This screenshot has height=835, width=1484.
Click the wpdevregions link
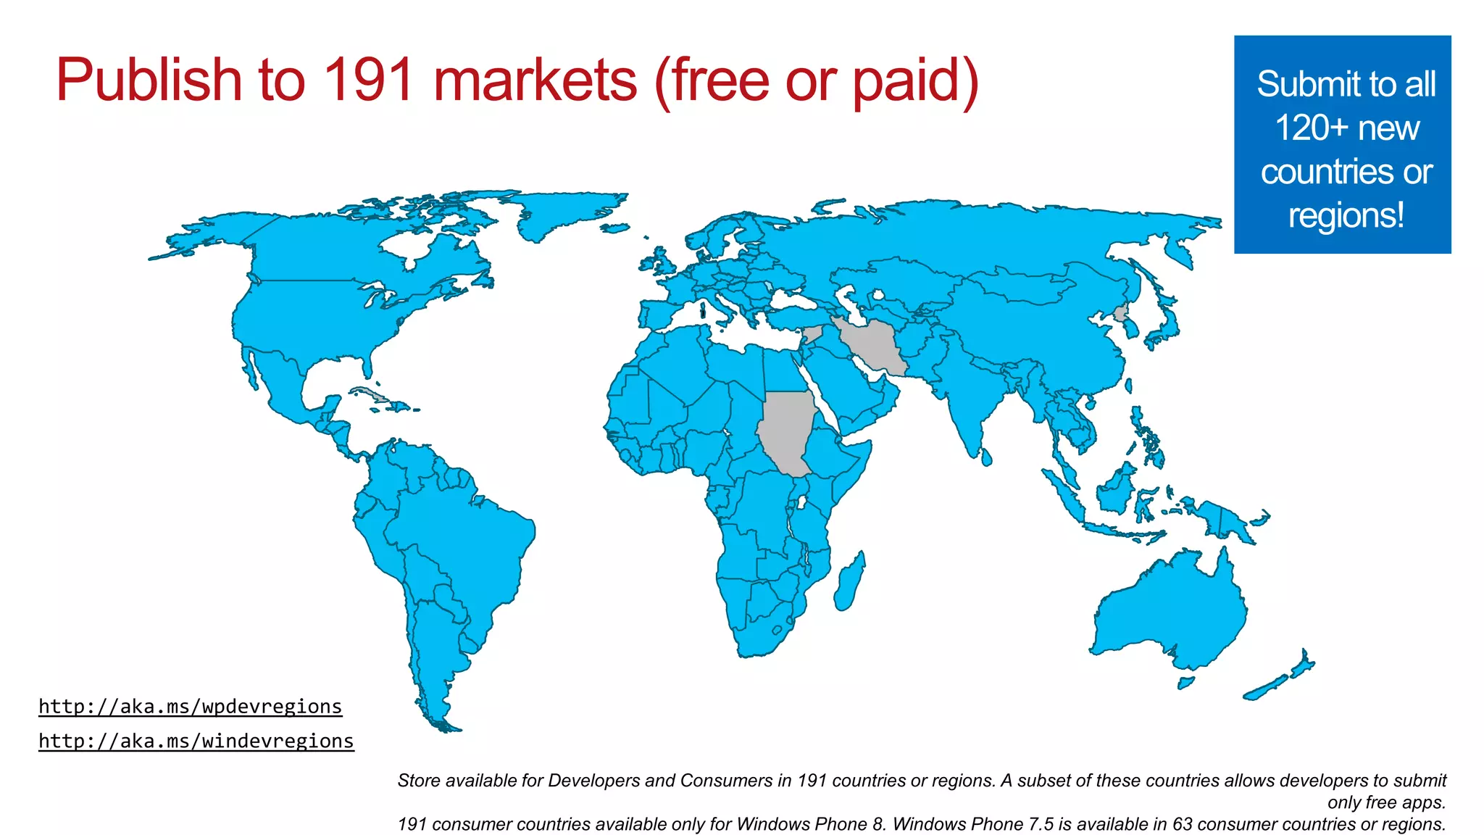pos(190,706)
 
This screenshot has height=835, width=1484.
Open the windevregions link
pos(196,741)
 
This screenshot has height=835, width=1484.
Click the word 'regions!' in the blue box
pos(1346,215)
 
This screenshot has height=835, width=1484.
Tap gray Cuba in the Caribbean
pos(374,395)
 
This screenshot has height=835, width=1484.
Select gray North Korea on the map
pos(1121,314)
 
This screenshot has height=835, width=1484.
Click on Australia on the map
pos(1174,609)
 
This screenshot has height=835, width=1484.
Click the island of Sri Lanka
pos(985,457)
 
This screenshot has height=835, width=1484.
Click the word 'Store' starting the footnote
pos(419,781)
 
